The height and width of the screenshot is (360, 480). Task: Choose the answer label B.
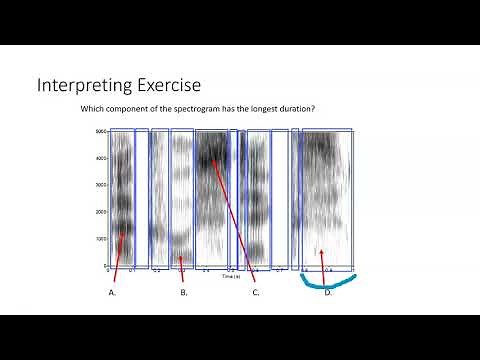click(x=184, y=292)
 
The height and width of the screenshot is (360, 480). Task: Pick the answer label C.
click(x=256, y=292)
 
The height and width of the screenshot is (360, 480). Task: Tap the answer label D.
click(x=328, y=292)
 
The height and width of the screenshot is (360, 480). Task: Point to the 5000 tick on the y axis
click(x=101, y=131)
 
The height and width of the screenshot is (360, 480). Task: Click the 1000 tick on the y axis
click(x=101, y=240)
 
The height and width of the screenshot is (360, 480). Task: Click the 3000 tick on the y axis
click(x=101, y=185)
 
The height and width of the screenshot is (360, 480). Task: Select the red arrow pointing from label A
click(x=120, y=255)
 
